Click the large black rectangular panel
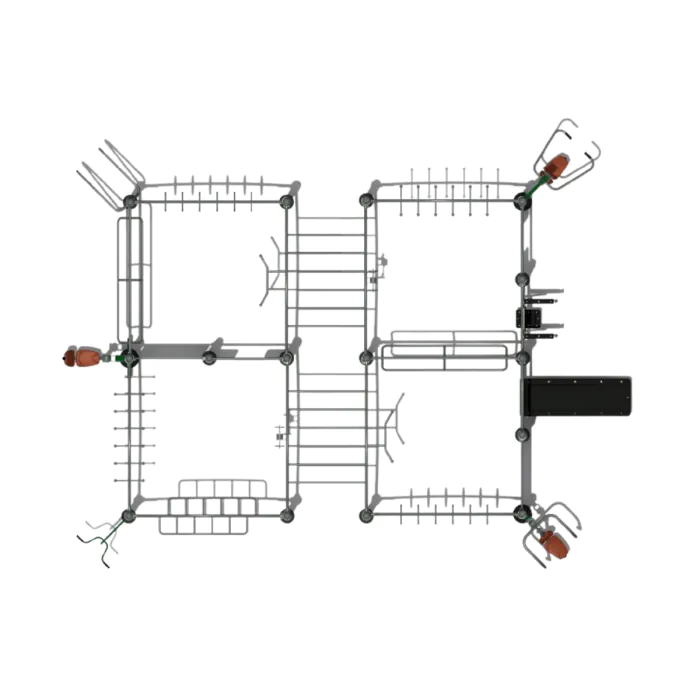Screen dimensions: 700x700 (x=577, y=397)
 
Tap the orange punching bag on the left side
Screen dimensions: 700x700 (x=82, y=356)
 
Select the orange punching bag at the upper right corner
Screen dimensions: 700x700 (x=555, y=166)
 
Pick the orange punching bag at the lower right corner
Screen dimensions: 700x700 (x=552, y=542)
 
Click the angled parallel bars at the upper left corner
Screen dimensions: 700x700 (x=109, y=175)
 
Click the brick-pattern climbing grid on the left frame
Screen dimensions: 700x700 (x=214, y=505)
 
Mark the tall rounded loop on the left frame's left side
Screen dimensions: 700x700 (x=133, y=272)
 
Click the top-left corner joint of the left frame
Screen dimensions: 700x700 (x=130, y=202)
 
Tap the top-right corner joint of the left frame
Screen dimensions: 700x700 (x=287, y=202)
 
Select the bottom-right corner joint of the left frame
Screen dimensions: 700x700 (x=287, y=516)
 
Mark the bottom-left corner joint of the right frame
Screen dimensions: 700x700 (x=366, y=516)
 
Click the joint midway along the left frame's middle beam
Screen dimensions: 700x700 (x=209, y=357)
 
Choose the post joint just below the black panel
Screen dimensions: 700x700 (x=522, y=435)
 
